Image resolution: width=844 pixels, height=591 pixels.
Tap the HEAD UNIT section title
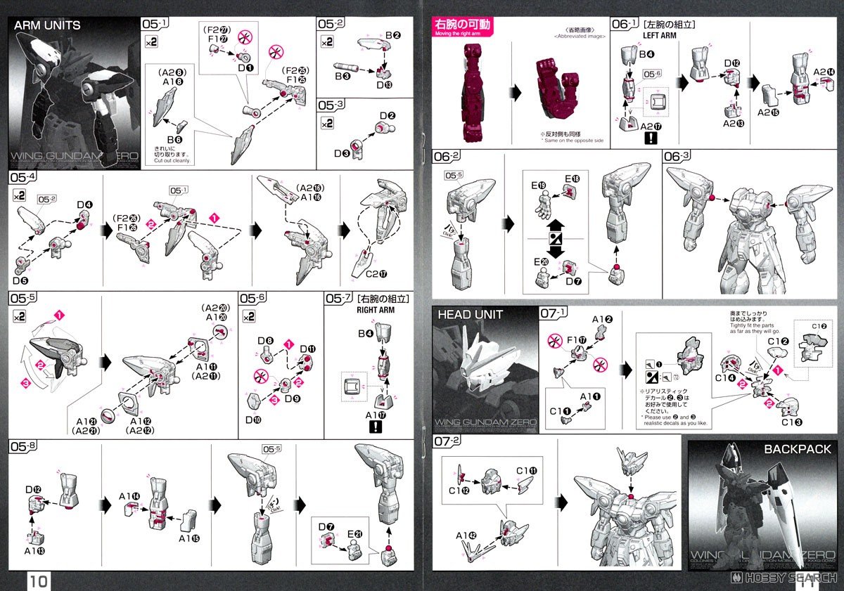click(471, 314)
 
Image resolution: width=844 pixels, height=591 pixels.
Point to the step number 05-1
click(155, 24)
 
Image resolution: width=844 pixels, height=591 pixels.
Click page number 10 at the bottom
click(38, 580)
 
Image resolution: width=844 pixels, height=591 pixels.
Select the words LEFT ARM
click(659, 35)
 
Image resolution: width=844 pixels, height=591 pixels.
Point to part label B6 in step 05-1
click(174, 139)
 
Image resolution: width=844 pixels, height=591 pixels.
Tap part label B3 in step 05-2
click(342, 75)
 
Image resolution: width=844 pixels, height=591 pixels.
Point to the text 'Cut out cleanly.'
click(172, 161)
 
